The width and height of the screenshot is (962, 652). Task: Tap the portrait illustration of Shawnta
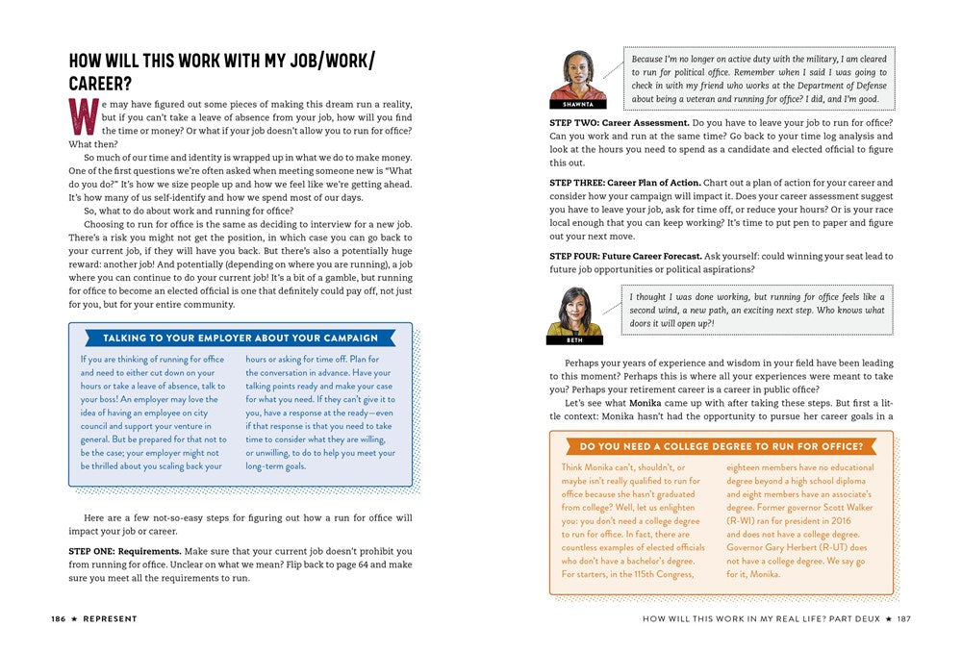click(x=577, y=74)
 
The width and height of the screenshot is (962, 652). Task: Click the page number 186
click(x=59, y=618)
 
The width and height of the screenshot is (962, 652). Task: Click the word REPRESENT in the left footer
click(x=109, y=618)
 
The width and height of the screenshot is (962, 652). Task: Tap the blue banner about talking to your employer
click(x=240, y=339)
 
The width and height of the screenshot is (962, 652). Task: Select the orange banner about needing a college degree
click(x=721, y=446)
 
